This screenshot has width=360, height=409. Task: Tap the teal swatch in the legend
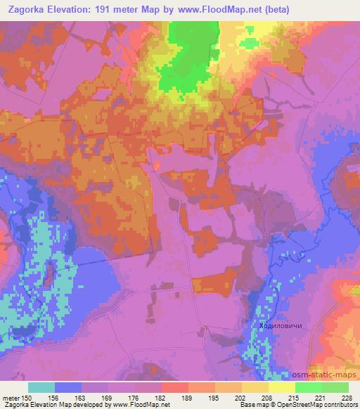tap(41, 387)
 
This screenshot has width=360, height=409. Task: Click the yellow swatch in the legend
tap(281, 387)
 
